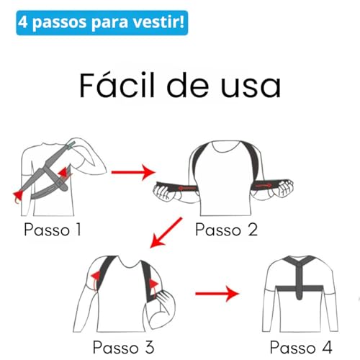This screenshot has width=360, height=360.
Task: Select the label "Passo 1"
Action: pos(53,230)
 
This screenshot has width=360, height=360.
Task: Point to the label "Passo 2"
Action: pos(225,230)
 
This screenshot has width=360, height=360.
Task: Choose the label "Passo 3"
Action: pos(125,345)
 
